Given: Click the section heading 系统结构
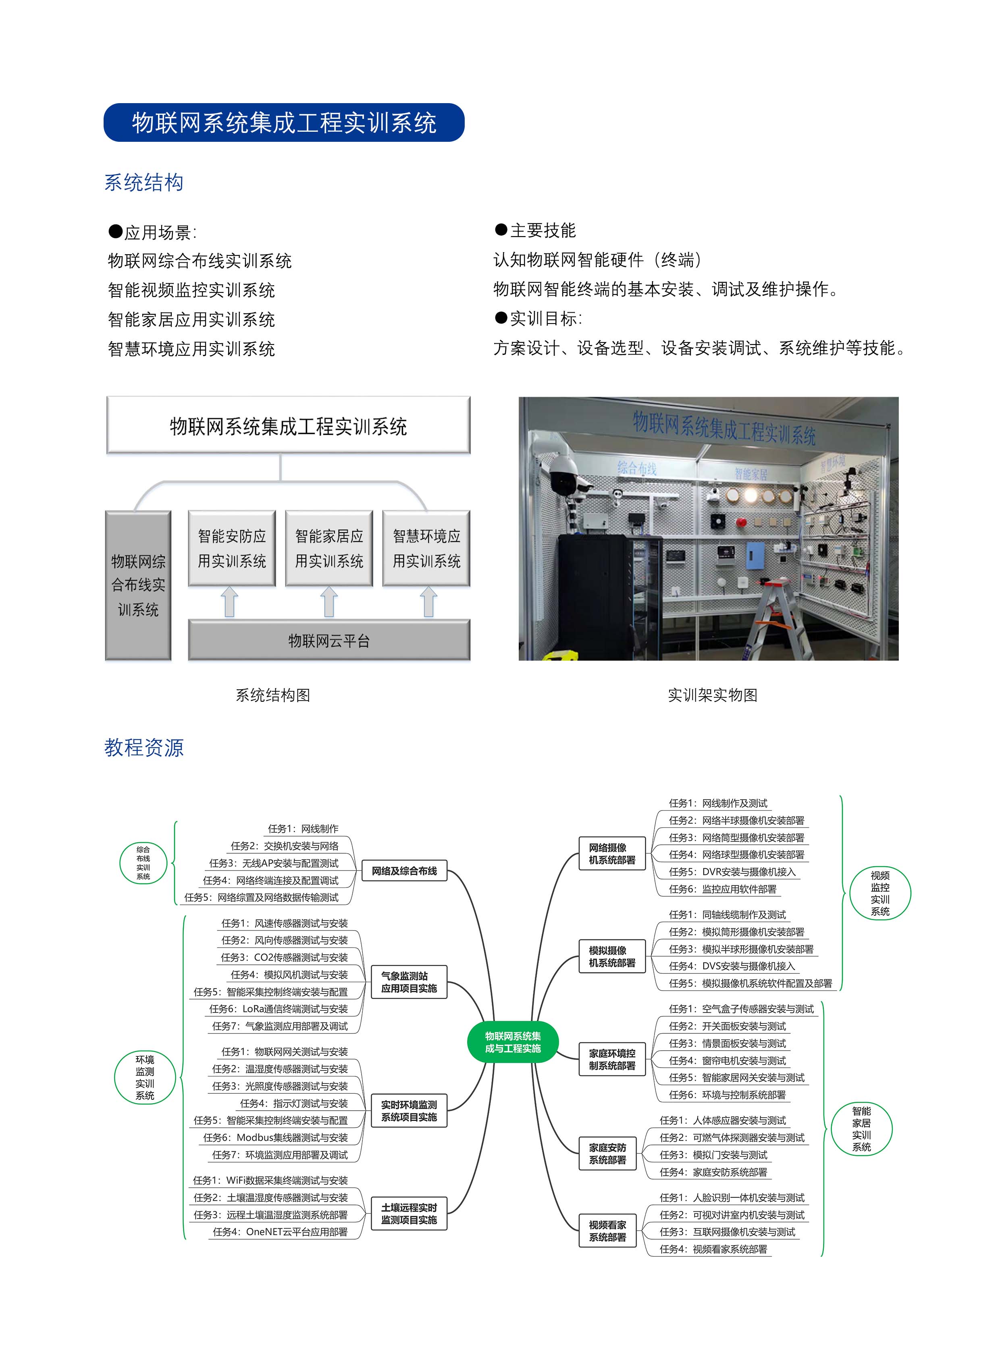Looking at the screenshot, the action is [x=143, y=182].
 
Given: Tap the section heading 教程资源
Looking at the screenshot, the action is [x=143, y=747].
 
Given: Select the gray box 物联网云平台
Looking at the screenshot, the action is [x=329, y=640].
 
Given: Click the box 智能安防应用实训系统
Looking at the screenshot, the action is [x=232, y=548].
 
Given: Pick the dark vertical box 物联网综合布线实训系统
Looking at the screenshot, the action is [x=138, y=585].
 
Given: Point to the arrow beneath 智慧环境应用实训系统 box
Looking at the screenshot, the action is [x=428, y=603].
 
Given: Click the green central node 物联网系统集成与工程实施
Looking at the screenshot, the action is [x=513, y=1042].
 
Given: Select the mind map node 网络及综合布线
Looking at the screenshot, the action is [x=404, y=871].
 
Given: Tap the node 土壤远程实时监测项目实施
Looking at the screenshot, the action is [x=409, y=1214].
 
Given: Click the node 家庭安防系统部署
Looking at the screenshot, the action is [x=608, y=1153].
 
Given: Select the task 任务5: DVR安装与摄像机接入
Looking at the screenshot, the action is [x=732, y=872].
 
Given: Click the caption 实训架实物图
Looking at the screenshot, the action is [x=713, y=695].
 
